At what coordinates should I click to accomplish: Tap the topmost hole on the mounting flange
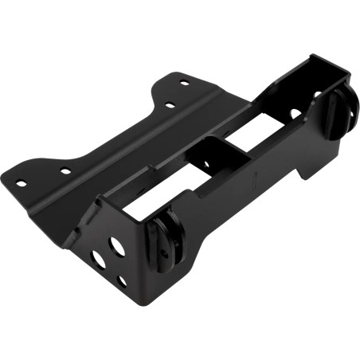[184, 82]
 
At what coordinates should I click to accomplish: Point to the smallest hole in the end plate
[119, 281]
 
